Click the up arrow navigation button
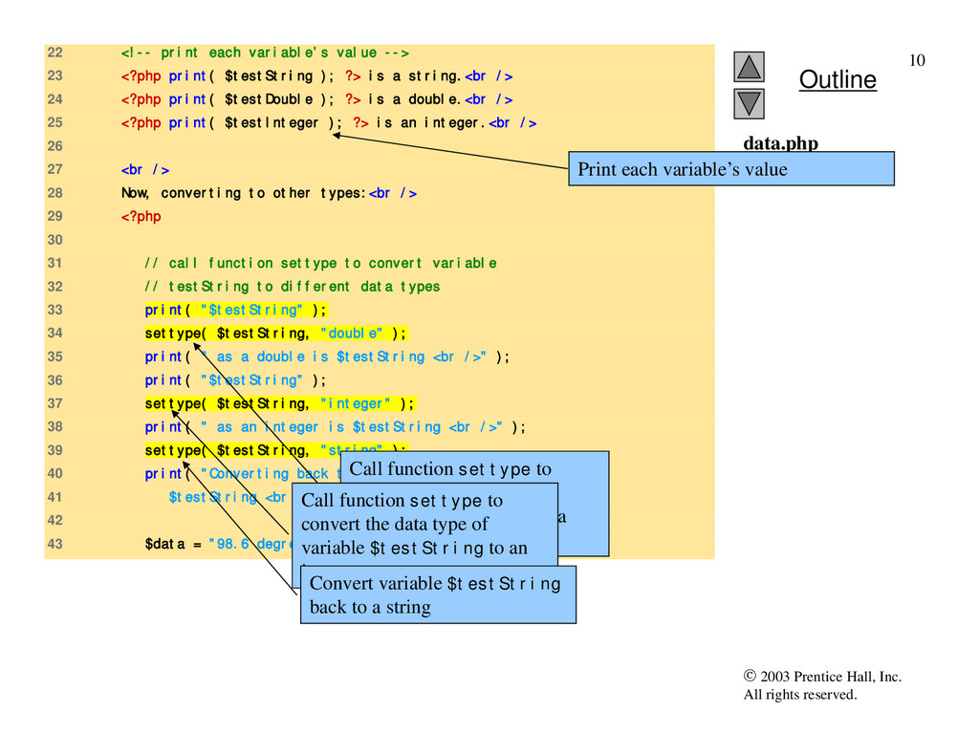(x=750, y=66)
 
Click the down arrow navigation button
(x=750, y=102)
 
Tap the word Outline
(x=838, y=79)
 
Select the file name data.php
(x=780, y=144)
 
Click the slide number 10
(x=917, y=61)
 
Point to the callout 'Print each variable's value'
(x=730, y=169)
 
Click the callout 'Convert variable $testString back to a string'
(x=437, y=594)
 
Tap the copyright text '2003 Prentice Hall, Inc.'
(x=830, y=678)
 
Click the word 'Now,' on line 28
(x=136, y=193)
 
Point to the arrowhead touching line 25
(x=337, y=136)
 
